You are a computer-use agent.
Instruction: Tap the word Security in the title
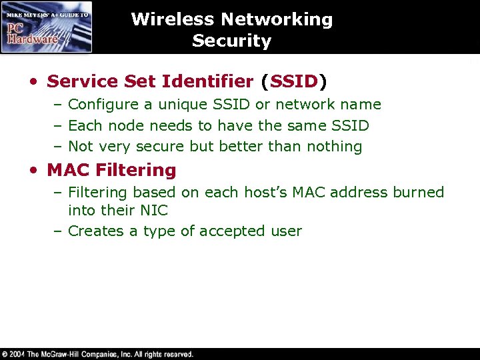[231, 41]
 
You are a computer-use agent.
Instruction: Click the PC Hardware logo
[47, 27]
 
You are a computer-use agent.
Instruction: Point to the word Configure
[101, 105]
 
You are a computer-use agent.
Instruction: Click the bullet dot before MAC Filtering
[34, 171]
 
